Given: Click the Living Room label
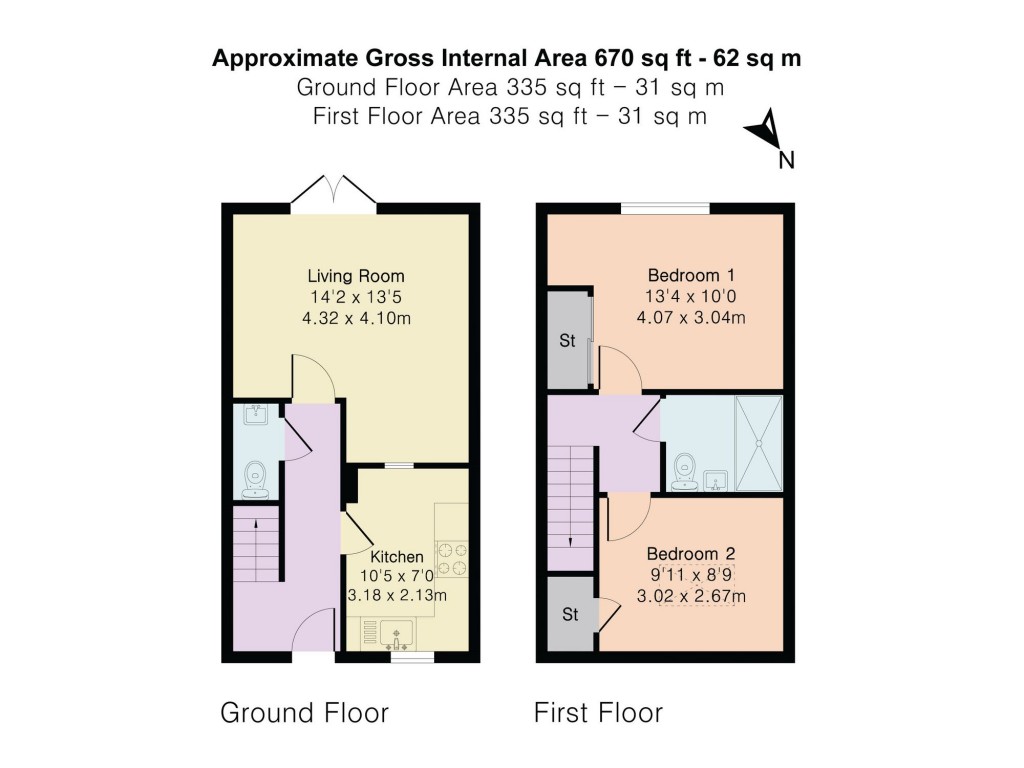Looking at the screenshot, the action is [x=356, y=276].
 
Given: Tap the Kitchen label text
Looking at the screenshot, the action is [x=396, y=557].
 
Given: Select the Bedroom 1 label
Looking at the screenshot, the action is [x=691, y=275].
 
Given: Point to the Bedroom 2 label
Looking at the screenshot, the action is [x=691, y=554].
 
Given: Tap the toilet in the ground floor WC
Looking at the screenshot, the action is [x=255, y=480].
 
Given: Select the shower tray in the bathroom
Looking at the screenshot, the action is [x=759, y=443].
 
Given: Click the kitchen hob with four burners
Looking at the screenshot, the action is [x=452, y=558].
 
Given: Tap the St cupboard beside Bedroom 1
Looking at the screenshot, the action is [x=568, y=340].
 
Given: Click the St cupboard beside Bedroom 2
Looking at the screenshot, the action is [x=570, y=614].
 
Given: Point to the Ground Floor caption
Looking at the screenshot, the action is [x=304, y=713].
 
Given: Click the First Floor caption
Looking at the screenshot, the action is [x=598, y=713].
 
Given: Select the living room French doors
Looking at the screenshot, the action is [x=334, y=193].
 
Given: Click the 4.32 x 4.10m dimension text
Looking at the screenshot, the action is [x=356, y=319].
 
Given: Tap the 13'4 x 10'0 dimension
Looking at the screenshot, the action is [x=691, y=296].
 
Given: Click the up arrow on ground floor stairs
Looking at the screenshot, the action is [x=255, y=522].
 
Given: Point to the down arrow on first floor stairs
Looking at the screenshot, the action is [x=571, y=542].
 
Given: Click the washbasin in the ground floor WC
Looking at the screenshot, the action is [x=255, y=415].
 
